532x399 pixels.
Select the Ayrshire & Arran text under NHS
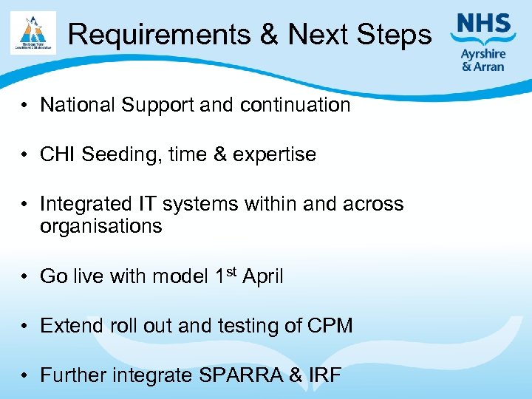(x=483, y=59)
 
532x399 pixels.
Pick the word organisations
(x=100, y=226)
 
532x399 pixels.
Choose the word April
(x=263, y=276)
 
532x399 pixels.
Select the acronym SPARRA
(x=242, y=375)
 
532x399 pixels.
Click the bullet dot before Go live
(x=25, y=277)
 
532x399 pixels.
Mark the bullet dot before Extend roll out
(x=25, y=326)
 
